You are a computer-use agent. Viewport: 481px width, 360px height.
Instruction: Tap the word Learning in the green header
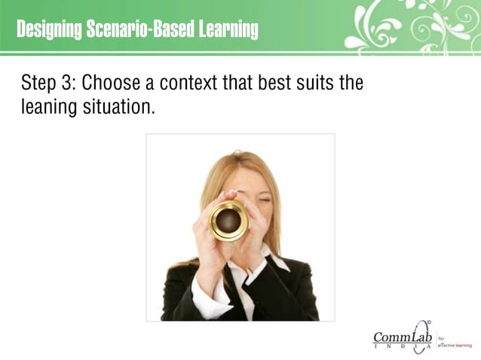[x=228, y=30]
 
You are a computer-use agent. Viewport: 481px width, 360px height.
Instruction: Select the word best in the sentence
[x=277, y=83]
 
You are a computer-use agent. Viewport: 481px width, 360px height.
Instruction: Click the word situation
[x=120, y=107]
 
